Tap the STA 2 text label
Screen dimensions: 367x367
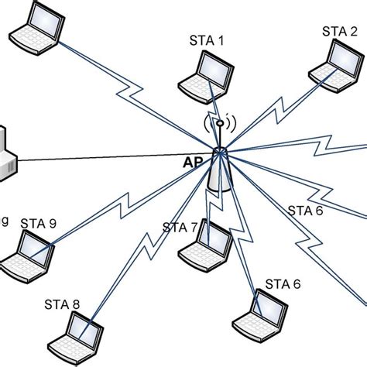339,31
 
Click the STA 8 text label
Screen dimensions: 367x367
63,304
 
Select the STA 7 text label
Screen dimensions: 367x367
180,228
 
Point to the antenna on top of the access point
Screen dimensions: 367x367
220,129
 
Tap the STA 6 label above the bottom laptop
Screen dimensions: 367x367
283,283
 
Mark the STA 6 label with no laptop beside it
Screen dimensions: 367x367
306,209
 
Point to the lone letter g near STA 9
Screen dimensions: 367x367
5,222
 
